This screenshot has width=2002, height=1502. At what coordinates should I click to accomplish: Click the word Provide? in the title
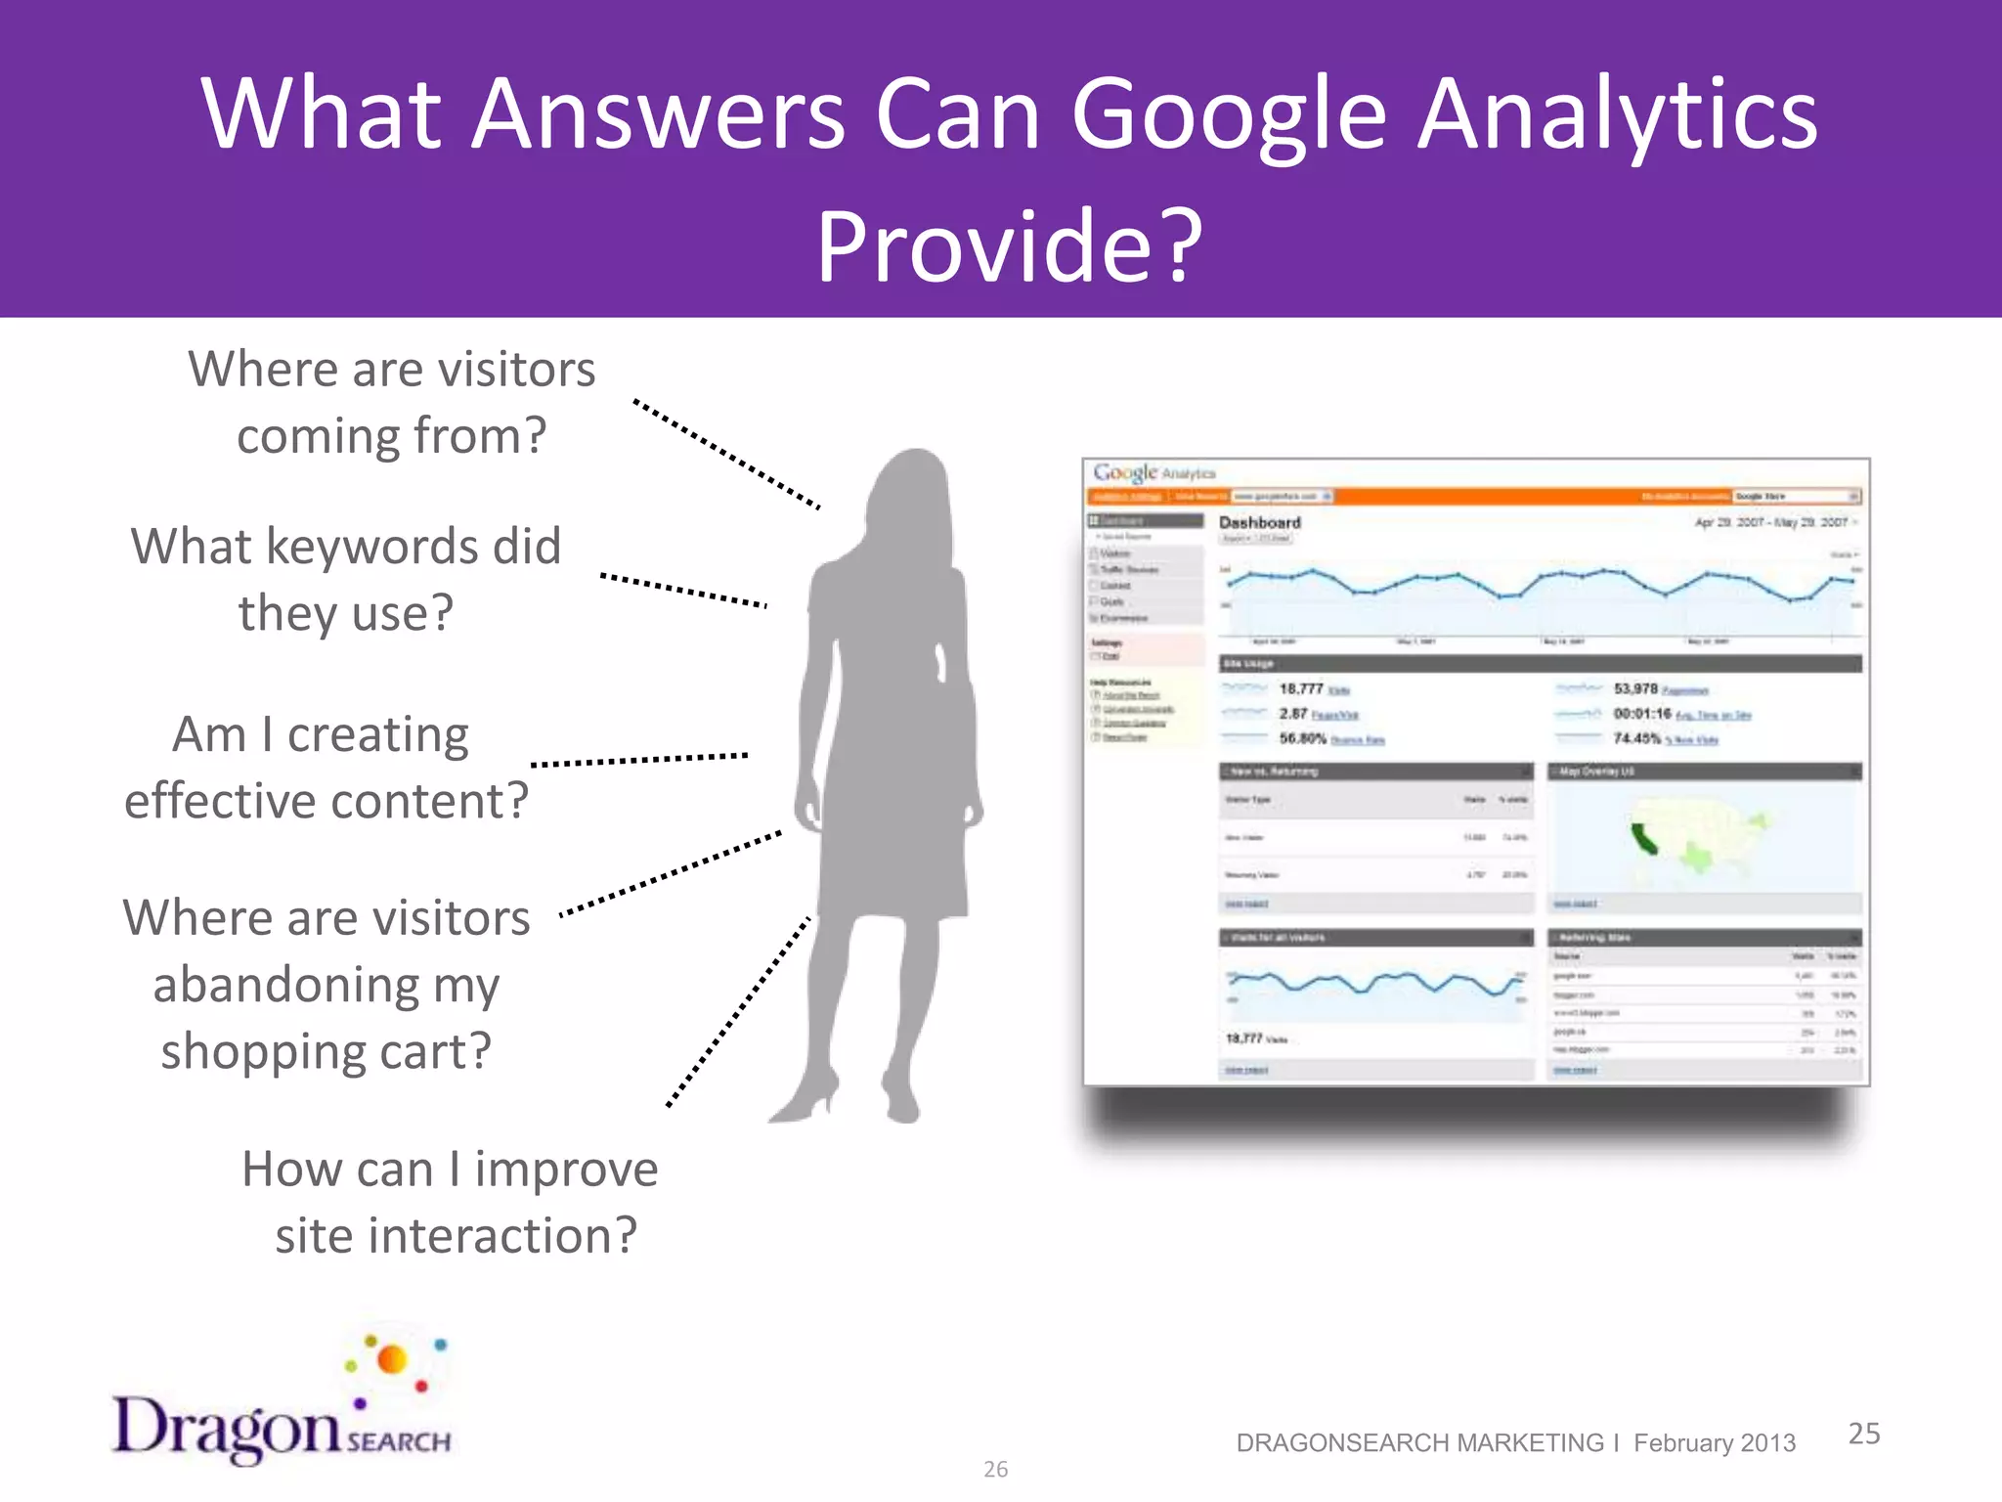click(1009, 246)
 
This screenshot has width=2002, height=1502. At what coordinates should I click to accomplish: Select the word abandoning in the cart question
click(326, 985)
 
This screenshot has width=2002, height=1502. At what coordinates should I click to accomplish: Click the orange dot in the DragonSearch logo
click(392, 1359)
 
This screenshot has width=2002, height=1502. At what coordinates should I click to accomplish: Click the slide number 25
click(1863, 1434)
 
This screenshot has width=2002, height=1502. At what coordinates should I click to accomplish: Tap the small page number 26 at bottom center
click(995, 1469)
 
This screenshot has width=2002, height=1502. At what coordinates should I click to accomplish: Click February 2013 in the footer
click(1714, 1443)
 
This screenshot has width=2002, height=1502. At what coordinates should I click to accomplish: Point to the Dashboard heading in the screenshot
click(1259, 522)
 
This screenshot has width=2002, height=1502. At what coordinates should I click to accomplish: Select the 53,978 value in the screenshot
click(1634, 688)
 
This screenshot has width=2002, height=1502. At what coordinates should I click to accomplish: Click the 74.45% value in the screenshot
click(1636, 738)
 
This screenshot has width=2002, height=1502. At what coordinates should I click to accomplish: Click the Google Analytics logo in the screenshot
click(1153, 473)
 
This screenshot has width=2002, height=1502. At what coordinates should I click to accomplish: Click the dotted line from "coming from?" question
click(725, 454)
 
